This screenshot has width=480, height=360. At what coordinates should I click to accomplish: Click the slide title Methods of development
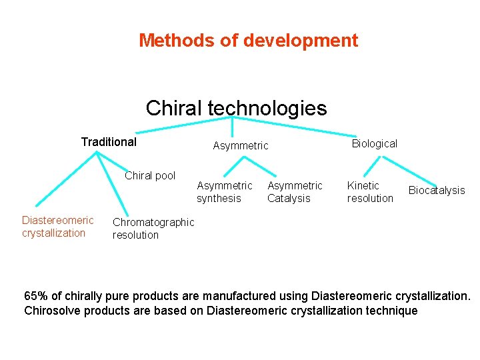248,41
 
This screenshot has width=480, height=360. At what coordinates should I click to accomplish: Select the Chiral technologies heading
236,108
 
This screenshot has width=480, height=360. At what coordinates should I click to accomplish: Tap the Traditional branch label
109,141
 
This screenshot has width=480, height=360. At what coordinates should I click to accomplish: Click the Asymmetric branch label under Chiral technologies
240,145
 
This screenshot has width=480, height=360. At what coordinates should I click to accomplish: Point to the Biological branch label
374,143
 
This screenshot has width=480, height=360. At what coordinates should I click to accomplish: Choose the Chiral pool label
150,176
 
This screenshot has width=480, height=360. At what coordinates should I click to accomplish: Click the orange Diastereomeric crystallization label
57,227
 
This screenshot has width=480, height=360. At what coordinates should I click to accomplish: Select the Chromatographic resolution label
153,228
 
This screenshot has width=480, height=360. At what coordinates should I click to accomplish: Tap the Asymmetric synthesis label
224,192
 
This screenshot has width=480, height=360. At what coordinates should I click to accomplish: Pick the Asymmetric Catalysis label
295,192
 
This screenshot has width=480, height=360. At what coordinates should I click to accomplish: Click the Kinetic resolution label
370,192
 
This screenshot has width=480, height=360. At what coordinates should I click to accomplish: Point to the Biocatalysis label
437,191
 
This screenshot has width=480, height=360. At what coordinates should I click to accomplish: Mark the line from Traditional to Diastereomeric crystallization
67,178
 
